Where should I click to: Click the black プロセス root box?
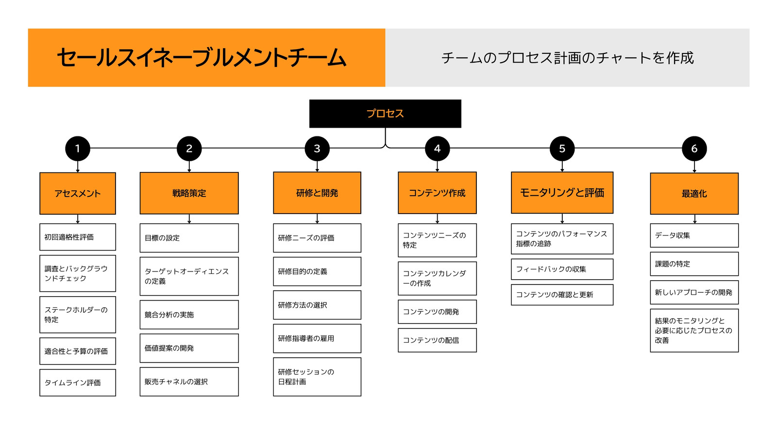click(385, 114)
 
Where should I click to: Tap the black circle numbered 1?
click(78, 149)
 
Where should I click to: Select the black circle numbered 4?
click(437, 149)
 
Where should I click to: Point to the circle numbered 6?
click(694, 149)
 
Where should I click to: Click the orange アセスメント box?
click(78, 193)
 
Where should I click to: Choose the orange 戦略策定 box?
click(189, 193)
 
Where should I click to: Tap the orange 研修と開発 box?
click(317, 193)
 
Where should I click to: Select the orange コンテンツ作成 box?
click(437, 193)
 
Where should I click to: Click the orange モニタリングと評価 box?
click(562, 192)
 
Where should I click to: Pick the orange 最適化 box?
click(694, 194)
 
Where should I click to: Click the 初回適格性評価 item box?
click(78, 237)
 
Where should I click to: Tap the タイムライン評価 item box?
click(78, 383)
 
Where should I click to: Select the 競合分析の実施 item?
click(189, 315)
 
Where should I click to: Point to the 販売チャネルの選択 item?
click(189, 382)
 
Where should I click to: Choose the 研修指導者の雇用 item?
click(317, 338)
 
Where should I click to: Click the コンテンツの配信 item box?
click(437, 340)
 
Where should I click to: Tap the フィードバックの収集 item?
click(562, 269)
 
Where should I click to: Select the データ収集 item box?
click(694, 235)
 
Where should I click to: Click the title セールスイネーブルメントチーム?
click(202, 58)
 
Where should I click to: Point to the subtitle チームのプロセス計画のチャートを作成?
click(568, 58)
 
